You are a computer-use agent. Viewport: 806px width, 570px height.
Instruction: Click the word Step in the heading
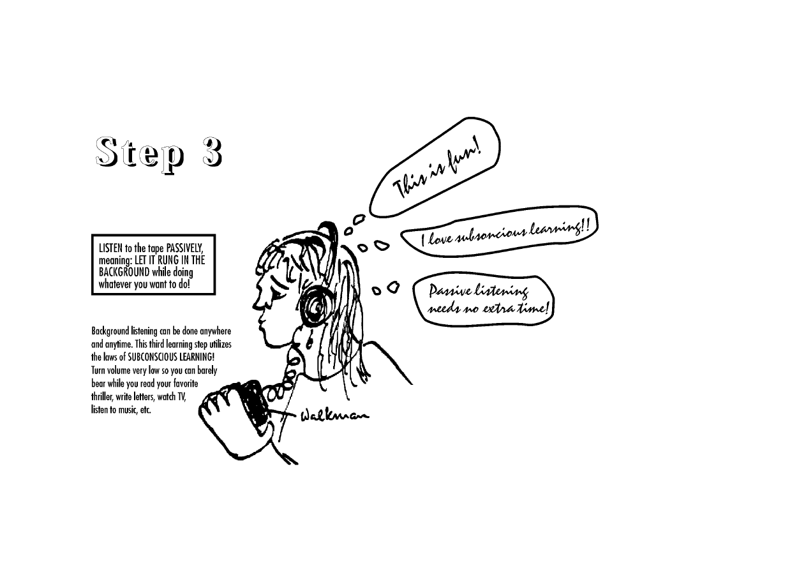(x=140, y=154)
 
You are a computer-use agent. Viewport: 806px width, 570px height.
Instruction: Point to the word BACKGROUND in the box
(x=124, y=272)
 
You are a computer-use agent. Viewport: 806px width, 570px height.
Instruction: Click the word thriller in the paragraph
(x=102, y=397)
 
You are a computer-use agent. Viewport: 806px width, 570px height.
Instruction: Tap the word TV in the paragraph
(x=181, y=397)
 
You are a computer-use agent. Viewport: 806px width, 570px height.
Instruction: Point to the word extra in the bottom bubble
(x=497, y=308)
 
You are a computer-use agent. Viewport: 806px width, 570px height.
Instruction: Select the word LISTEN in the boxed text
(x=111, y=248)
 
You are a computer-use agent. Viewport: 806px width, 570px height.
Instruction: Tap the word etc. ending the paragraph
(x=145, y=410)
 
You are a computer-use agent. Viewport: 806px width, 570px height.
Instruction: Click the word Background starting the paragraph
(x=110, y=331)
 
